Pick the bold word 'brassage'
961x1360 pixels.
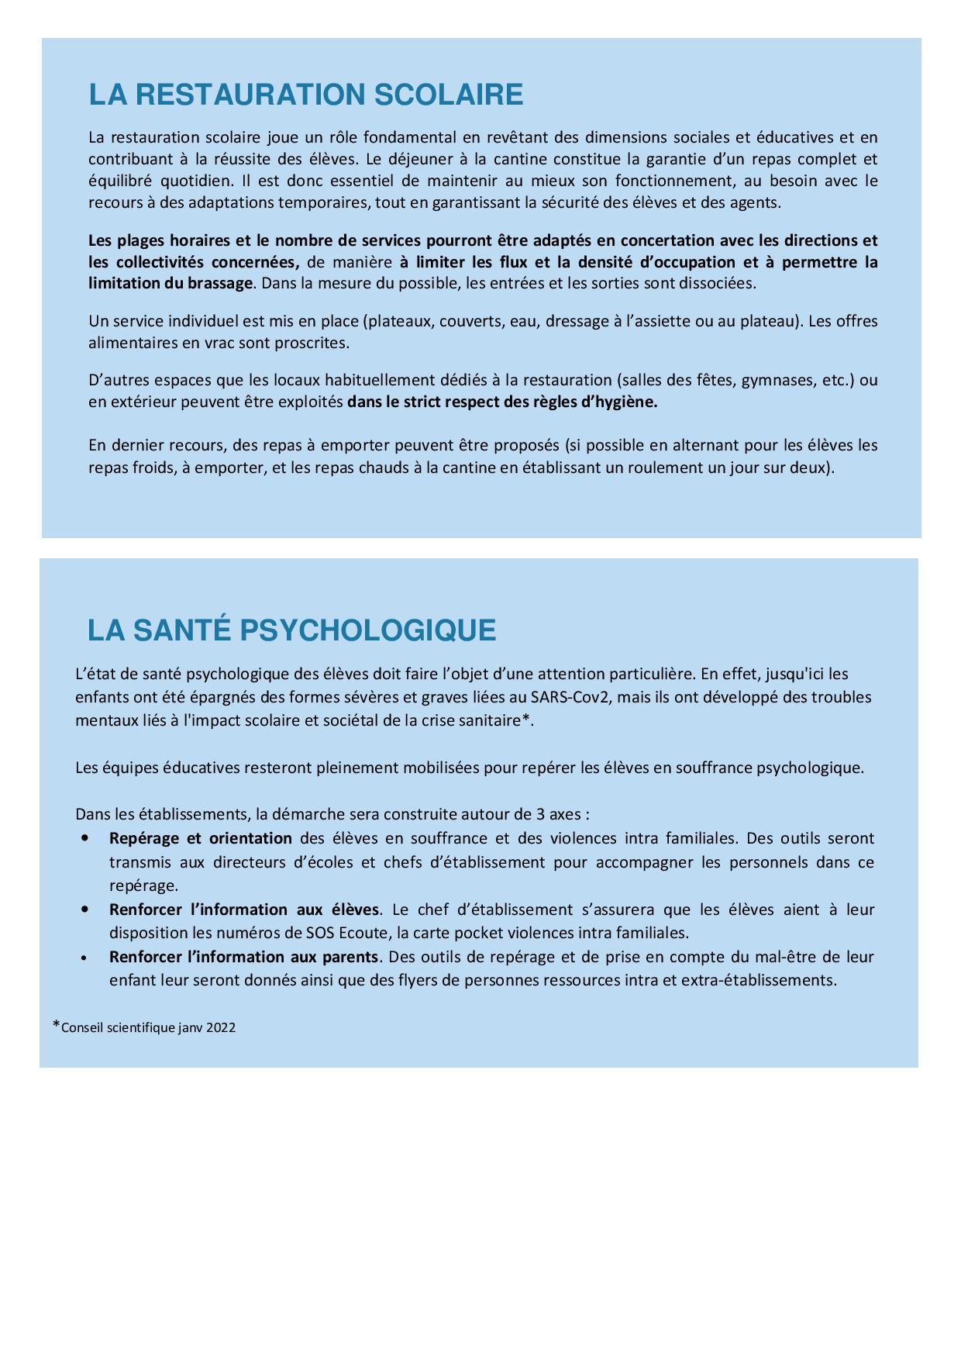[220, 283]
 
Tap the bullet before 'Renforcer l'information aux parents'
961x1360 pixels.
[84, 958]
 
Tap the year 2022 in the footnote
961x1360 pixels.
[221, 1028]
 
